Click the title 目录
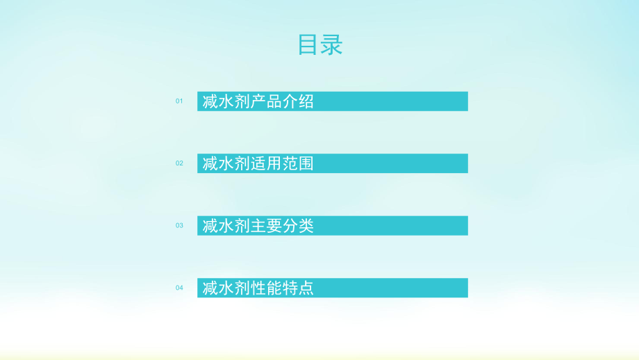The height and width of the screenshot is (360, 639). (320, 45)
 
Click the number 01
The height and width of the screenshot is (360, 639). (179, 101)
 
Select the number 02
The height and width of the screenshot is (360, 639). (179, 163)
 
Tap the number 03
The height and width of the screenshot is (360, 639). (179, 226)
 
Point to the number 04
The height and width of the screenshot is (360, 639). (179, 288)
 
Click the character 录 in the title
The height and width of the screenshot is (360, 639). (332, 45)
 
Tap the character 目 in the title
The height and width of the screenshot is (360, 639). (309, 45)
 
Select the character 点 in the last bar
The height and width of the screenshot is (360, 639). (306, 288)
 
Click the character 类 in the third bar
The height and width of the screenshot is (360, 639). (306, 226)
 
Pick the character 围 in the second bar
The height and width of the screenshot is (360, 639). (306, 163)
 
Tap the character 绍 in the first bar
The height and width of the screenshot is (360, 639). (306, 101)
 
